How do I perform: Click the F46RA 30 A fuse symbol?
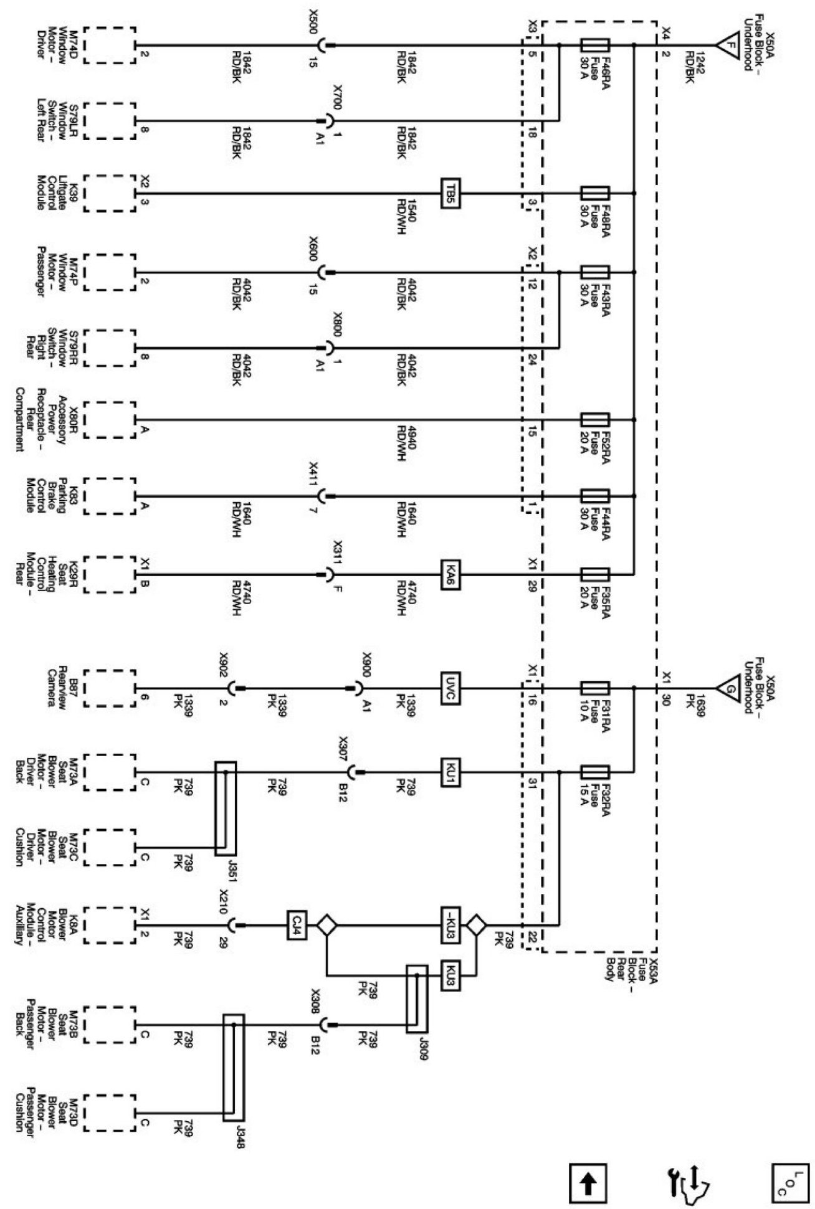coord(594,45)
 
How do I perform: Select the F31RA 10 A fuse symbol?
coord(594,688)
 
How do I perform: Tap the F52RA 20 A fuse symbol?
coord(594,420)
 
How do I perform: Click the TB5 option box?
coord(450,194)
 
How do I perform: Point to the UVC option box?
coord(450,688)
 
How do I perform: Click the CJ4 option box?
coord(297,924)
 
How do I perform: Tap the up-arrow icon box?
coord(588,1180)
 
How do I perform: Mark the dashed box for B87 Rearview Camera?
coord(108,688)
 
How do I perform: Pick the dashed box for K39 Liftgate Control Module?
coord(108,194)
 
